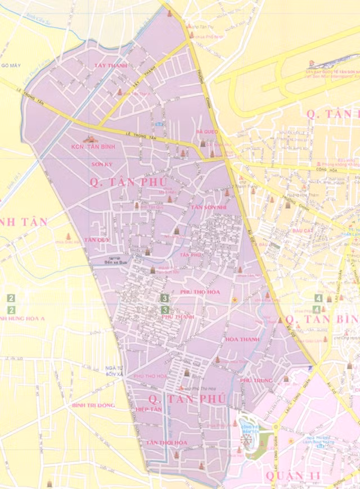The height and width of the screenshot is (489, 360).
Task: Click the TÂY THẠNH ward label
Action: (111, 66)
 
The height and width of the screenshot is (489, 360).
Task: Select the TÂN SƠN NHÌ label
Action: (208, 207)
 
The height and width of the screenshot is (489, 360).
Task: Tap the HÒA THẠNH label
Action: (241, 339)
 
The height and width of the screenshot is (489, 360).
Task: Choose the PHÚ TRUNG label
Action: (256, 381)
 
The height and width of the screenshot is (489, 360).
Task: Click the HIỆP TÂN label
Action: (148, 410)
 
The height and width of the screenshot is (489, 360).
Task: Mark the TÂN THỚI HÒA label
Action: (166, 443)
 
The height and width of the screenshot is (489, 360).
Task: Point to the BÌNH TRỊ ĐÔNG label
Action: (93, 405)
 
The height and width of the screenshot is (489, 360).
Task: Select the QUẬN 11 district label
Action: (293, 477)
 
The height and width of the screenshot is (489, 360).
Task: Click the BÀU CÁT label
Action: (302, 231)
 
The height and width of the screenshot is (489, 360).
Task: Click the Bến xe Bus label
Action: (116, 262)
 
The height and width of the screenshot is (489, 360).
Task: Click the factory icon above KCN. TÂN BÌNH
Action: (89, 138)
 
